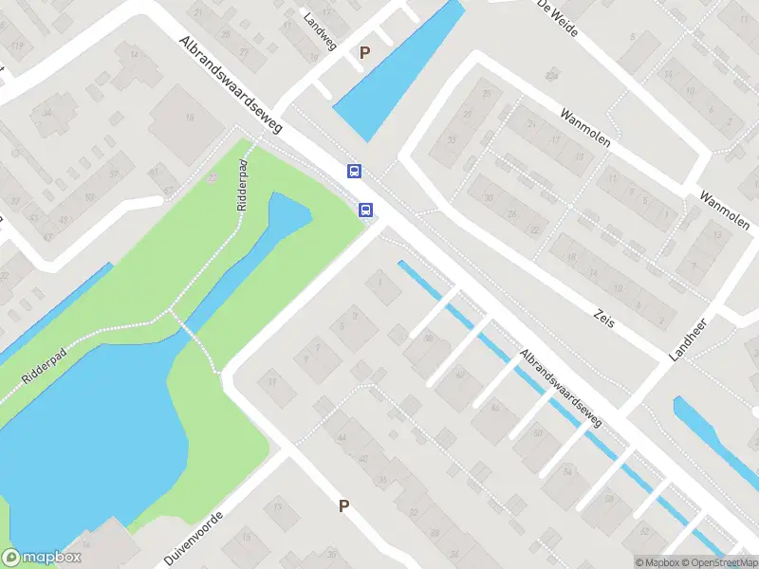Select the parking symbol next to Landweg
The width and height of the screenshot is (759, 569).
tap(363, 53)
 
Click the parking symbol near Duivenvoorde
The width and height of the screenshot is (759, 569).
tap(343, 506)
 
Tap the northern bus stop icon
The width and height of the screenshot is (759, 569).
tap(354, 172)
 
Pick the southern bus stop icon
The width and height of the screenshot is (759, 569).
tap(365, 210)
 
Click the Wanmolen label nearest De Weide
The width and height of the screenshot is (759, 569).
tap(584, 129)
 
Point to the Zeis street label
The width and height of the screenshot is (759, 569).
tap(603, 317)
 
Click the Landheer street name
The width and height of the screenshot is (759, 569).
tap(690, 339)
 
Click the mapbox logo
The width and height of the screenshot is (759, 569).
tap(40, 557)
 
